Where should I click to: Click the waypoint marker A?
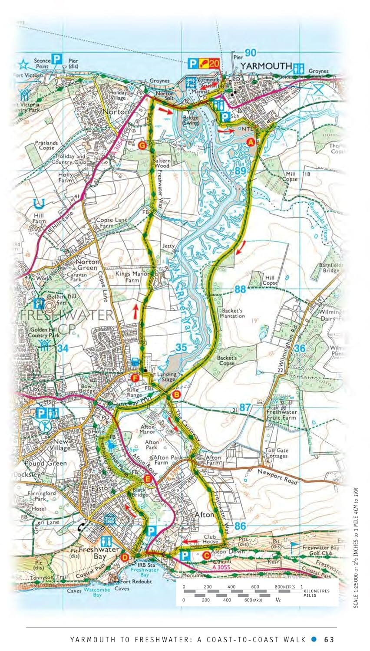[x=250, y=142]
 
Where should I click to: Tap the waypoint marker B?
[x=176, y=395]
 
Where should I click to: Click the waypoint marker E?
[x=148, y=479]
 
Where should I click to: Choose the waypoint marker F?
[x=135, y=378]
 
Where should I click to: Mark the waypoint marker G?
[x=141, y=145]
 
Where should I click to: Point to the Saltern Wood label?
[x=162, y=163]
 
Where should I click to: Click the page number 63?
[x=329, y=639]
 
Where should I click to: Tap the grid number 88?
[x=240, y=289]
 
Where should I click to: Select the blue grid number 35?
[x=182, y=347]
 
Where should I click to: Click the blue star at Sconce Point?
[x=23, y=65]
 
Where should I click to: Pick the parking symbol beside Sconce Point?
[x=57, y=59]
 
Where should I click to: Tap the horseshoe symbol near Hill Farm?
[x=40, y=203]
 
